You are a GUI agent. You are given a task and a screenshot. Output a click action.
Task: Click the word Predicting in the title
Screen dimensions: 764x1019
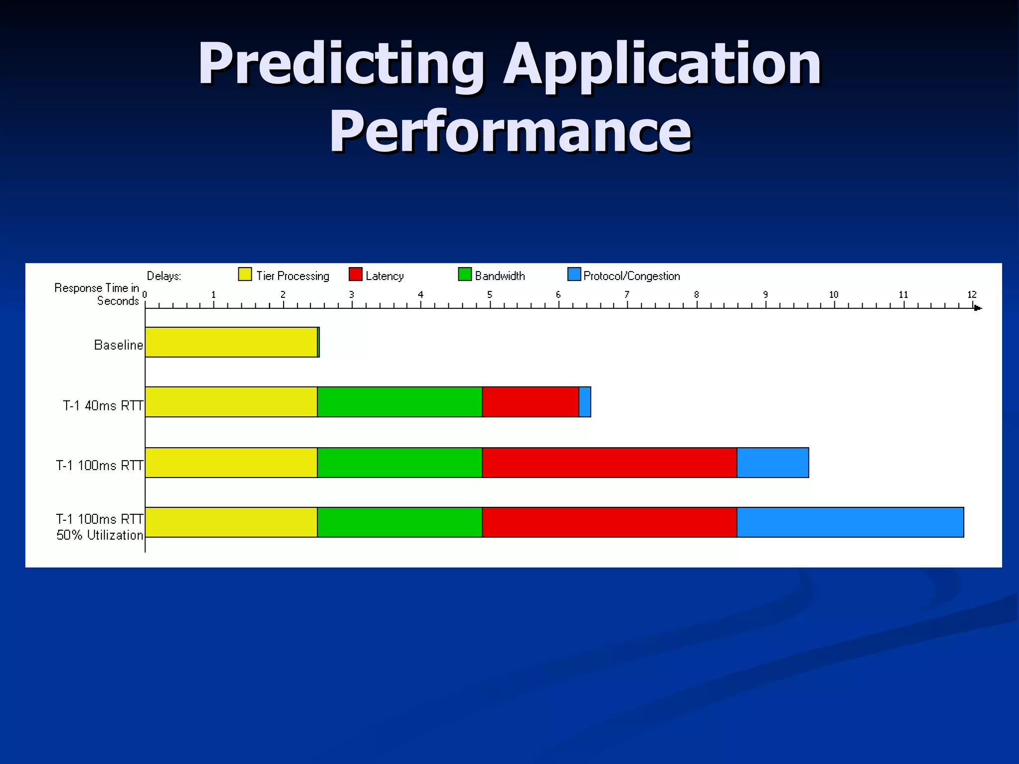[x=341, y=65]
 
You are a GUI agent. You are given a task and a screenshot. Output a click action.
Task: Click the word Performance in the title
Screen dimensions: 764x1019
[x=510, y=131]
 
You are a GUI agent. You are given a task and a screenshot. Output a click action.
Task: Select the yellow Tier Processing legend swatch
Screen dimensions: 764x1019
[x=245, y=275]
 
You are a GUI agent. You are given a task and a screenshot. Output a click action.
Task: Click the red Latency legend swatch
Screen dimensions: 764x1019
[x=355, y=275]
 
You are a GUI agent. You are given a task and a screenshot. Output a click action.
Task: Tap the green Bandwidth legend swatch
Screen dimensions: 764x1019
[x=465, y=275]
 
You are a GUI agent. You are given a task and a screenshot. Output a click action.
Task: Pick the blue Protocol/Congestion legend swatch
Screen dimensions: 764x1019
[x=574, y=275]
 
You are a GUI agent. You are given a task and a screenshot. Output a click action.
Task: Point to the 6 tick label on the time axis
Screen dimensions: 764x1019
[x=558, y=294]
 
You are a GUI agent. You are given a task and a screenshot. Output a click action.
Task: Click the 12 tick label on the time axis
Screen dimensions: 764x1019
[x=972, y=294]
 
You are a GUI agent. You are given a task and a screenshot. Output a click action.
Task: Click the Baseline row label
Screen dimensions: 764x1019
[x=118, y=345]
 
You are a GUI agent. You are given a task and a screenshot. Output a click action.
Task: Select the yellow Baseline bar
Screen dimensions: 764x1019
[x=231, y=342]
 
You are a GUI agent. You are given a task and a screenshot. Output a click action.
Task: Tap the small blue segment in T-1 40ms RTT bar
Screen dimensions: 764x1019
[x=585, y=402]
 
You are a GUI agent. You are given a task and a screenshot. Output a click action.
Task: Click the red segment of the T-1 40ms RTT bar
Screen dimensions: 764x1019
[x=530, y=402]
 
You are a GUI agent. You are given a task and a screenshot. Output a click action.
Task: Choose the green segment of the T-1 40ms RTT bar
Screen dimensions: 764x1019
[x=400, y=402]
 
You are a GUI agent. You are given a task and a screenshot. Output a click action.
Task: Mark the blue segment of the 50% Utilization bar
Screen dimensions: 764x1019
[x=850, y=522]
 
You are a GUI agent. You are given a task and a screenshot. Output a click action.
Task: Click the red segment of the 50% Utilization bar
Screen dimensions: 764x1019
[x=609, y=522]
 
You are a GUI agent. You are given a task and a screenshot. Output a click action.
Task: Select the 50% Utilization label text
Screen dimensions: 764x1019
[x=100, y=535]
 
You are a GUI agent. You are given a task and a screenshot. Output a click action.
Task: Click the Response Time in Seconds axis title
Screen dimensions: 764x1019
[x=97, y=294]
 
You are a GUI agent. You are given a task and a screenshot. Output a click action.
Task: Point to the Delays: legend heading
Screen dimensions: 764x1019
[x=164, y=276]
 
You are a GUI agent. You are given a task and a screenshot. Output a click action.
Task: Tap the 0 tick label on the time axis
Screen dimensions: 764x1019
[x=145, y=294]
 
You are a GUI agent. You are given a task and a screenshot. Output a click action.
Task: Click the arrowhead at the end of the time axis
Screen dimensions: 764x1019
[x=978, y=308]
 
